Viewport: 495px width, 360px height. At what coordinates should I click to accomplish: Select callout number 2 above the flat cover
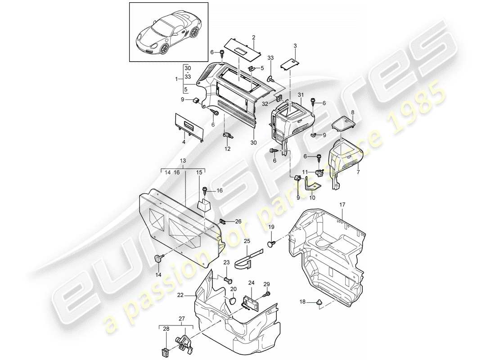click(x=254, y=37)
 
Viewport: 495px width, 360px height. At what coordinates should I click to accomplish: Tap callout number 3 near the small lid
click(x=295, y=46)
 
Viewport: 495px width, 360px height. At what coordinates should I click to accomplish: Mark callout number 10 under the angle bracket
click(x=312, y=198)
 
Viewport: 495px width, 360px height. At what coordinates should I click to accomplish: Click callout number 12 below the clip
click(x=228, y=148)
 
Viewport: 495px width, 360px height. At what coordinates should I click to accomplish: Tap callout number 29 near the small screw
click(x=266, y=283)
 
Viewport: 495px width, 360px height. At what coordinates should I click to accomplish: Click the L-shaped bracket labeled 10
click(x=312, y=184)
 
